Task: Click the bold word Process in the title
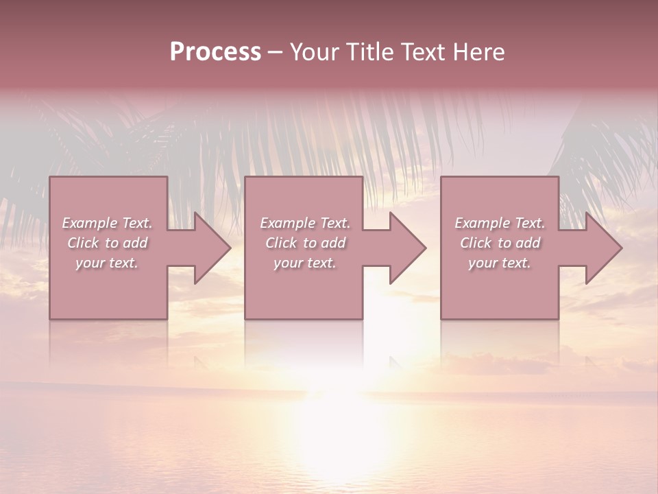pos(215,52)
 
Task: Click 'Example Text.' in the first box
pos(108,223)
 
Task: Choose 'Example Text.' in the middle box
pos(305,223)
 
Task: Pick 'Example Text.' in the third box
pos(500,223)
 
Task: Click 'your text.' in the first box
pos(107,263)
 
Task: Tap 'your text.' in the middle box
pos(304,263)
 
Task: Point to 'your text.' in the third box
pos(499,263)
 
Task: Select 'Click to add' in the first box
pos(108,243)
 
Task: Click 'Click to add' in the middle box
pos(305,243)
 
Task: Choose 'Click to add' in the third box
pos(500,243)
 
